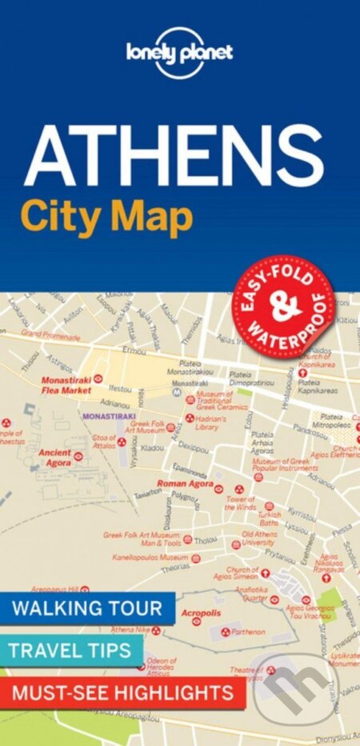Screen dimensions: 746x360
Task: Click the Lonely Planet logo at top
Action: pyautogui.click(x=179, y=53)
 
